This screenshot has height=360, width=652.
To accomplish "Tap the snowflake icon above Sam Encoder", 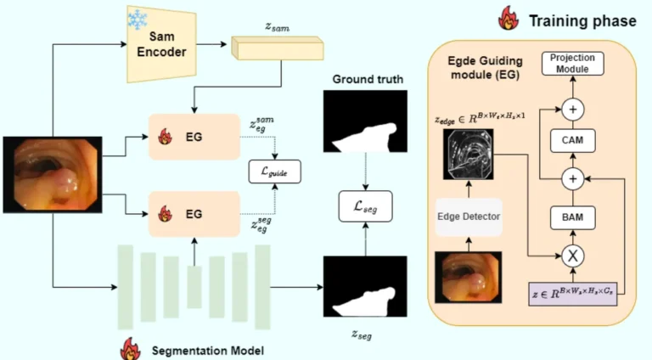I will tap(136, 19).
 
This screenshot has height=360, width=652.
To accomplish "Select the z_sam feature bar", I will tap(278, 49).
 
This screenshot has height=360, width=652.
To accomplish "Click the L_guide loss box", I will tap(274, 172).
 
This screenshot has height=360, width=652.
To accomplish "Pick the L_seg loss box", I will tap(363, 204).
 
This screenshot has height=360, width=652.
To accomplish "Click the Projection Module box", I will tap(572, 63).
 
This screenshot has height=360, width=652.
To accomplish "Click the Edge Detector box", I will tap(469, 217).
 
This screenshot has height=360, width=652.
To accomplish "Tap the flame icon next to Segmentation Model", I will tap(132, 348).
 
